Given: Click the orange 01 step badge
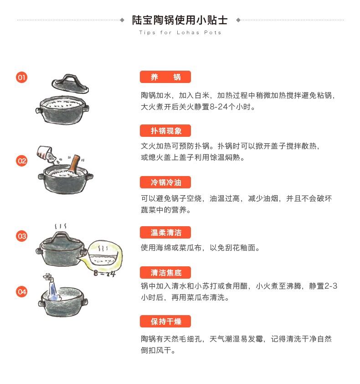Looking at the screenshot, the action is click(x=21, y=78).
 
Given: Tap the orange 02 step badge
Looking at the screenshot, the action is click(x=21, y=161).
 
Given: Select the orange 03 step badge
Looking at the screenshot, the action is click(x=21, y=236).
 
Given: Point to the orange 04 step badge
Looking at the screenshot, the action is click(x=21, y=292).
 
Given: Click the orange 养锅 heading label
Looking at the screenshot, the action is click(x=165, y=77).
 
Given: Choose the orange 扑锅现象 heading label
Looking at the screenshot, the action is click(x=165, y=131).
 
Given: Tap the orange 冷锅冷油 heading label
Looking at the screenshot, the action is click(x=165, y=182).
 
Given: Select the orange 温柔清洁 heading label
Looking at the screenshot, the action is click(x=165, y=233).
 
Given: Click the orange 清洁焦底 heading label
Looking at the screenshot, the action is click(x=165, y=272).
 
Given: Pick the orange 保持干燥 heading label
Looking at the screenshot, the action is click(x=165, y=322).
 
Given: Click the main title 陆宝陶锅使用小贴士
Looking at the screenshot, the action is click(x=180, y=20).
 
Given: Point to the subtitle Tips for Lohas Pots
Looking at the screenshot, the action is click(x=180, y=32).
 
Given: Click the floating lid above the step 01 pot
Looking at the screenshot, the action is click(x=70, y=84).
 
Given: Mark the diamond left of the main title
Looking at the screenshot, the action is click(x=122, y=20).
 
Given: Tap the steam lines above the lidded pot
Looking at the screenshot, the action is click(x=61, y=226).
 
